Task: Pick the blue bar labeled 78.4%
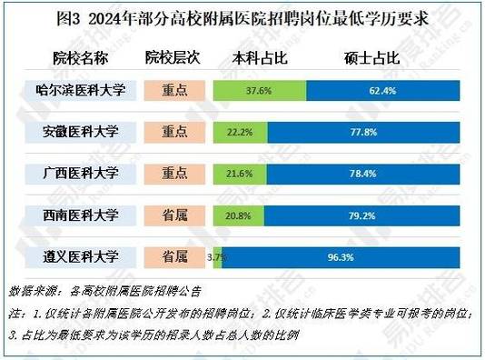372,173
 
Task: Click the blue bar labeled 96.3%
347,257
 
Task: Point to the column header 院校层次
173,58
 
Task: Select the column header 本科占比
262,58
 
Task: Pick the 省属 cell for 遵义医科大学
173,257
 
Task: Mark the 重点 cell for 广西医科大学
173,173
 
